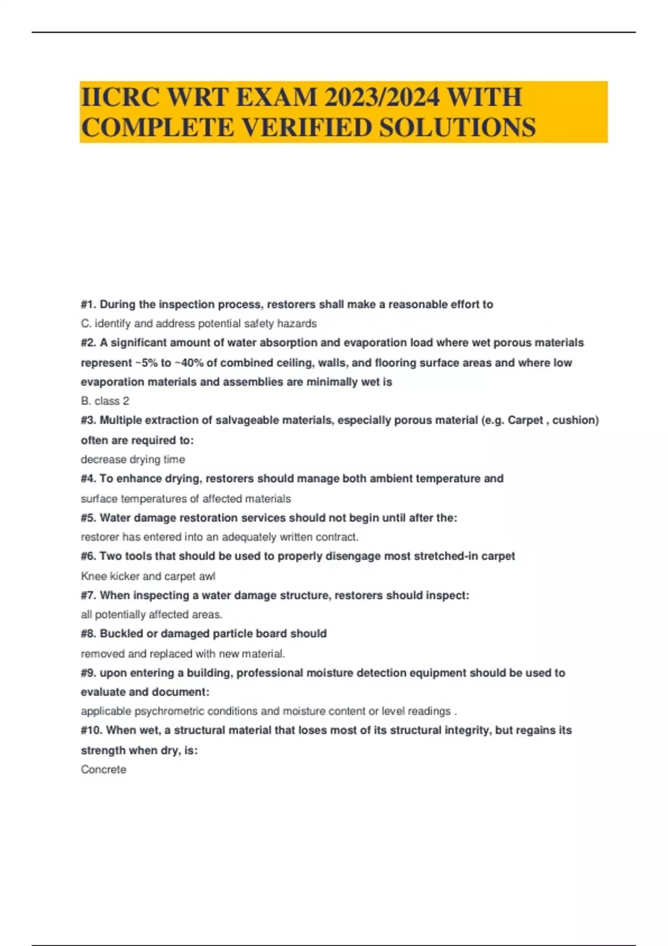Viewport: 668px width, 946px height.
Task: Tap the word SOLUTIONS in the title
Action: pos(458,127)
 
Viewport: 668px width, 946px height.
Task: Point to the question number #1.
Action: pos(89,304)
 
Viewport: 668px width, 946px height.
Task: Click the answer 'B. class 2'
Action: pos(105,401)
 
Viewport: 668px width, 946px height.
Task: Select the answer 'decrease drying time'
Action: pos(133,459)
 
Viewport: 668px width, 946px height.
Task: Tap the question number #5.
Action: pos(89,518)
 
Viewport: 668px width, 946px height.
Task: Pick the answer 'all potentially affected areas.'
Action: pos(151,614)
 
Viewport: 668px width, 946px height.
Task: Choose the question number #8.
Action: pos(89,633)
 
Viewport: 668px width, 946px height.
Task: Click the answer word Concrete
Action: pos(104,769)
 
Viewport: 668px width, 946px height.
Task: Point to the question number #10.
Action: pos(91,730)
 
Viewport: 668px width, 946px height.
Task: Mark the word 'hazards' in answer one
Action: pos(298,323)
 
